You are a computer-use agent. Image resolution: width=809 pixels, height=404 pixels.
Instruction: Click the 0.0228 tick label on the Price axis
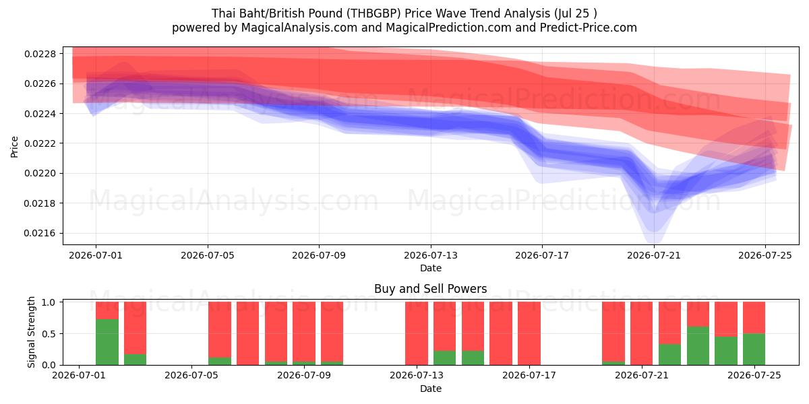tap(40, 54)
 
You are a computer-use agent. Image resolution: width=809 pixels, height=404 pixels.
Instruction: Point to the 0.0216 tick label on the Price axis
tap(40, 234)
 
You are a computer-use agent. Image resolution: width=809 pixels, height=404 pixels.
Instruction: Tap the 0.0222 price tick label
tap(40, 143)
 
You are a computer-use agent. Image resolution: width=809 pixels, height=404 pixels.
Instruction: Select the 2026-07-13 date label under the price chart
tap(431, 255)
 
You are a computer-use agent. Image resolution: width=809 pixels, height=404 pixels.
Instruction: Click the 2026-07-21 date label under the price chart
tap(654, 255)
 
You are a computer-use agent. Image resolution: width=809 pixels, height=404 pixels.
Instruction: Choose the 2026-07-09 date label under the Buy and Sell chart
tap(304, 375)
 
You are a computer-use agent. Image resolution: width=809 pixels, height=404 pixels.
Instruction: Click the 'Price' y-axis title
tap(14, 147)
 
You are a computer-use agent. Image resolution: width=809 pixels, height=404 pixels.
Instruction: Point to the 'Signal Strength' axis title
tap(31, 332)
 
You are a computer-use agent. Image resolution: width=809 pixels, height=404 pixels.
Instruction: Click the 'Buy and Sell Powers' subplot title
tap(431, 289)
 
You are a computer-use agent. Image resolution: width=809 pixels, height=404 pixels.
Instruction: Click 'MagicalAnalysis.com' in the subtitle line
tap(299, 28)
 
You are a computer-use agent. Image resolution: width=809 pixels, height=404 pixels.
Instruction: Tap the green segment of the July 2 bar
tap(107, 342)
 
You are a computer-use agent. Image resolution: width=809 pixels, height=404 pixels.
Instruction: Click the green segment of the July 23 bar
tap(698, 345)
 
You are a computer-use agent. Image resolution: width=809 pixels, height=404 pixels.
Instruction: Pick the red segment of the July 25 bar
tap(754, 318)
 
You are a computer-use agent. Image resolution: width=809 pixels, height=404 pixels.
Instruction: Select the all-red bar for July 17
tap(529, 333)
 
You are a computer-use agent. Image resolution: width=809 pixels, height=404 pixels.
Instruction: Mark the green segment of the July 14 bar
tap(444, 358)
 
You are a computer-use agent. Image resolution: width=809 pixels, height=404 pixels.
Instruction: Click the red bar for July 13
tap(417, 333)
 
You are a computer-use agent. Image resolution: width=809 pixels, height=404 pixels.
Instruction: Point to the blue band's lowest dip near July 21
tap(655, 242)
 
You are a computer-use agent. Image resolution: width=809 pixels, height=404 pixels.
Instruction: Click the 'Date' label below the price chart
tap(431, 268)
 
